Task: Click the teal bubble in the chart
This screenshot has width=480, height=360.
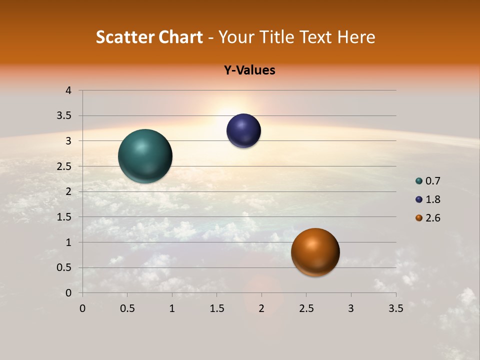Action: click(x=145, y=156)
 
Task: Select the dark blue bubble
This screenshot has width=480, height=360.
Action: click(x=243, y=131)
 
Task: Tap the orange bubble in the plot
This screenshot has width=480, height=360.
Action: click(x=315, y=252)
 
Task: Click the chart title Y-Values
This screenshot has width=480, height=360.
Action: click(x=249, y=70)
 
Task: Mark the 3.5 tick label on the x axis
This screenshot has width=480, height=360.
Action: click(x=395, y=308)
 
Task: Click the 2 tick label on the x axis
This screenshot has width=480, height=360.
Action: click(x=261, y=308)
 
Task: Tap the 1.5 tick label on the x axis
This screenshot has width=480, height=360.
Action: click(x=216, y=308)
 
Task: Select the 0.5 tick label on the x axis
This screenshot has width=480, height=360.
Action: click(x=127, y=308)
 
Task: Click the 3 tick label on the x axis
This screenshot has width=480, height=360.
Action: click(x=351, y=308)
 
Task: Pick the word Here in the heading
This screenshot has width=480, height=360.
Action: click(x=356, y=37)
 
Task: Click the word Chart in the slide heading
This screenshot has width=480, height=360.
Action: click(x=180, y=37)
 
